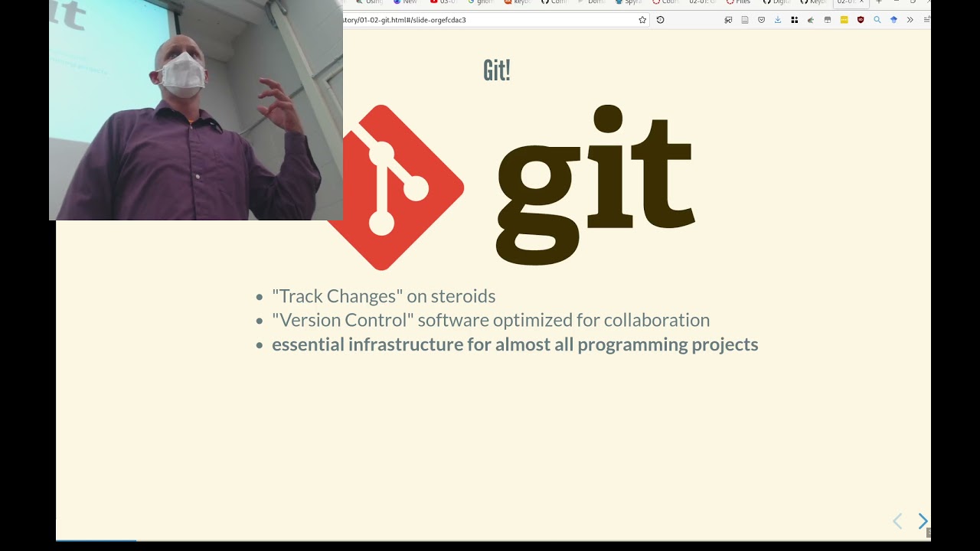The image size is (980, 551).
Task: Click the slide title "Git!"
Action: click(496, 70)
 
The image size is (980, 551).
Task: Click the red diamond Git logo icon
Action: click(398, 187)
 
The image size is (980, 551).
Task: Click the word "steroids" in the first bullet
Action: click(462, 296)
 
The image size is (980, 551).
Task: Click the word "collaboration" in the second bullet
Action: click(656, 320)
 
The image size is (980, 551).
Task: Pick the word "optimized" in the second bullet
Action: click(452, 320)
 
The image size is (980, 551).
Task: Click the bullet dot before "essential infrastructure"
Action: click(260, 345)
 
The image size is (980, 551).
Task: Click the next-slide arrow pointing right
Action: click(923, 521)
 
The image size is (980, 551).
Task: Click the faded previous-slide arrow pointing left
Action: click(898, 521)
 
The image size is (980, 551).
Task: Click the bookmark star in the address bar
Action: click(642, 20)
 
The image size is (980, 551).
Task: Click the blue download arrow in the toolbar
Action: click(778, 20)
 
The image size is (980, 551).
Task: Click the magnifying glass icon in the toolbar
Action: click(877, 20)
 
